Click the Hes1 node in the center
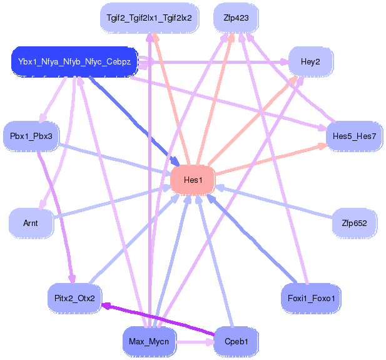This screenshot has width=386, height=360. point(193,180)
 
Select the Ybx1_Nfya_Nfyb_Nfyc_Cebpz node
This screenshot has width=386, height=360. point(74,62)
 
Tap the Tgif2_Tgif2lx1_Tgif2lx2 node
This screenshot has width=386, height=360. point(150,18)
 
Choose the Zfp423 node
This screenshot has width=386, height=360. point(236,18)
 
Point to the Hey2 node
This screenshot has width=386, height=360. point(310,61)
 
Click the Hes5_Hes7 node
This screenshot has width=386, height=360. point(354,136)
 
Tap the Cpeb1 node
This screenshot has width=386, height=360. point(236,342)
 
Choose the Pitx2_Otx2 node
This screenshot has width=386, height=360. point(74,298)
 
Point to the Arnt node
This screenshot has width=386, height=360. point(31,223)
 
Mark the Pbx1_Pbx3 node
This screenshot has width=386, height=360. point(31,136)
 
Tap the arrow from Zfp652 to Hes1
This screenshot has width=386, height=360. point(275,202)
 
